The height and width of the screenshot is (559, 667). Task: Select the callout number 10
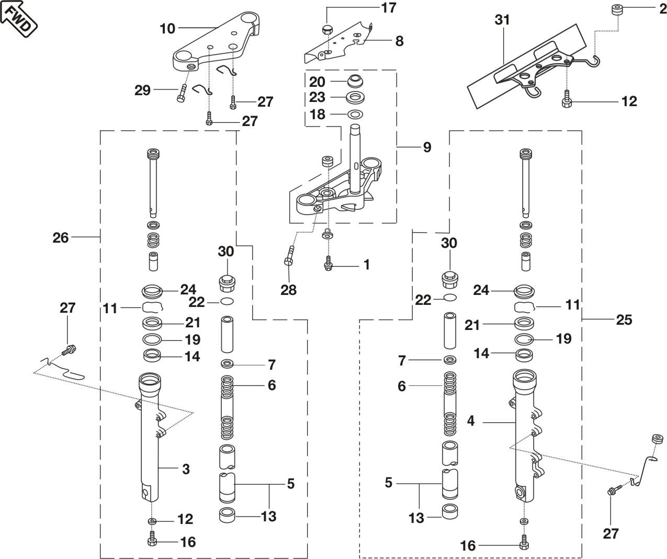tap(167, 28)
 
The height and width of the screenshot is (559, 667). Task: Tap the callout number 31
tap(502, 20)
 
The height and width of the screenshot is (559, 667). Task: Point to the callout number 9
tap(427, 147)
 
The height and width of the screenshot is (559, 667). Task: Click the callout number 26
tap(61, 237)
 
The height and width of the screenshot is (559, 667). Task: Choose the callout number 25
tap(624, 319)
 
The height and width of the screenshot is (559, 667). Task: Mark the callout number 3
tap(186, 469)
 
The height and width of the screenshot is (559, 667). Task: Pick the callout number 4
tap(471, 420)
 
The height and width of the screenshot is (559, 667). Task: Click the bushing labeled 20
tap(356, 82)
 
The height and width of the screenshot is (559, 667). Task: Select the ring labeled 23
tap(356, 97)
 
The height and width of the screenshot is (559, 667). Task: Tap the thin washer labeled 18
tap(355, 114)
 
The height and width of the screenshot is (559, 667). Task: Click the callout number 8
tap(399, 41)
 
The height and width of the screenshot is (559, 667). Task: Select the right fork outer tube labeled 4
tap(524, 434)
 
